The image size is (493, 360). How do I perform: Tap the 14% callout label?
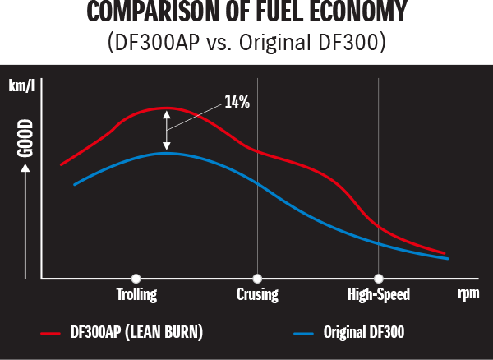237,102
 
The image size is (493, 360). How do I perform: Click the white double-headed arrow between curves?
167,130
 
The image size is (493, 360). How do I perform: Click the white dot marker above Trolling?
136,278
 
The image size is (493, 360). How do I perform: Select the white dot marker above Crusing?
257,278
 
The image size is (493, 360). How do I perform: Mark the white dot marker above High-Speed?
378,278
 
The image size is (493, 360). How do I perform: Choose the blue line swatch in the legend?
306,333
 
